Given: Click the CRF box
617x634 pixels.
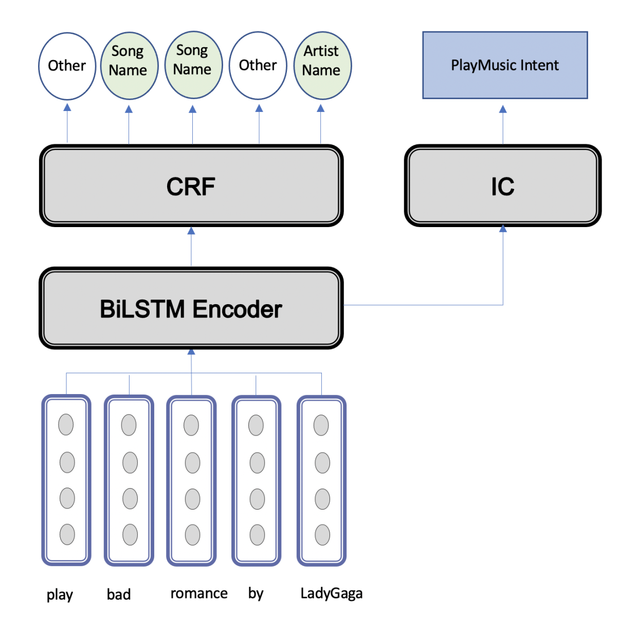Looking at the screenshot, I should pos(191,185).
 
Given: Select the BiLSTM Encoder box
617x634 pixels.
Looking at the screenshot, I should pos(191,308).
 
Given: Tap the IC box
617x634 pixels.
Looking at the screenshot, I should pos(502,185).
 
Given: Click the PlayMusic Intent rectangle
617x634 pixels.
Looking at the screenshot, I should pos(504,65).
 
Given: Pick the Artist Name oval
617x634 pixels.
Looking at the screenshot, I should pos(322,65).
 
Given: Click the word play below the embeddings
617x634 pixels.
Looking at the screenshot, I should pos(60,594).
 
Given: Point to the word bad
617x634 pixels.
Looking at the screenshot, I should pos(119,594).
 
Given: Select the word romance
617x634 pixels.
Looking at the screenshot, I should pos(199,593).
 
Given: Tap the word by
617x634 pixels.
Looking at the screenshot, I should pos(256,593).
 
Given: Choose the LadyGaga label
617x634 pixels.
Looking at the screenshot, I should pos(331,593).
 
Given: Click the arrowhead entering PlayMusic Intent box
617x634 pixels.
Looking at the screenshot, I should pos(503,109).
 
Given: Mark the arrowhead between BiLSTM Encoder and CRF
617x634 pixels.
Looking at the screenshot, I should pos(191,231).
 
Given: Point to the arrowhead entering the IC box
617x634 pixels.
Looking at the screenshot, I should pos(503,229).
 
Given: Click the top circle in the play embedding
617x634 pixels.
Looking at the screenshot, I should pos(66,425).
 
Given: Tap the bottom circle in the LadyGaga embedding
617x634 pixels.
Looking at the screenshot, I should pos(322,535).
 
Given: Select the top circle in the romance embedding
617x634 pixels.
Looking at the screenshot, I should pos(191,425).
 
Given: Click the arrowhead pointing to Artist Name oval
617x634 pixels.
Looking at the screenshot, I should pos(321,108).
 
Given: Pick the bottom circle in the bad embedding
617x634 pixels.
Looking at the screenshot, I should pos(130,535).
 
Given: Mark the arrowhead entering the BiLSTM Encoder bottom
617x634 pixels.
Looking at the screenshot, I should pos(191,352).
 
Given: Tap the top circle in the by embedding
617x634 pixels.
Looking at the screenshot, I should pos(256,425).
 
